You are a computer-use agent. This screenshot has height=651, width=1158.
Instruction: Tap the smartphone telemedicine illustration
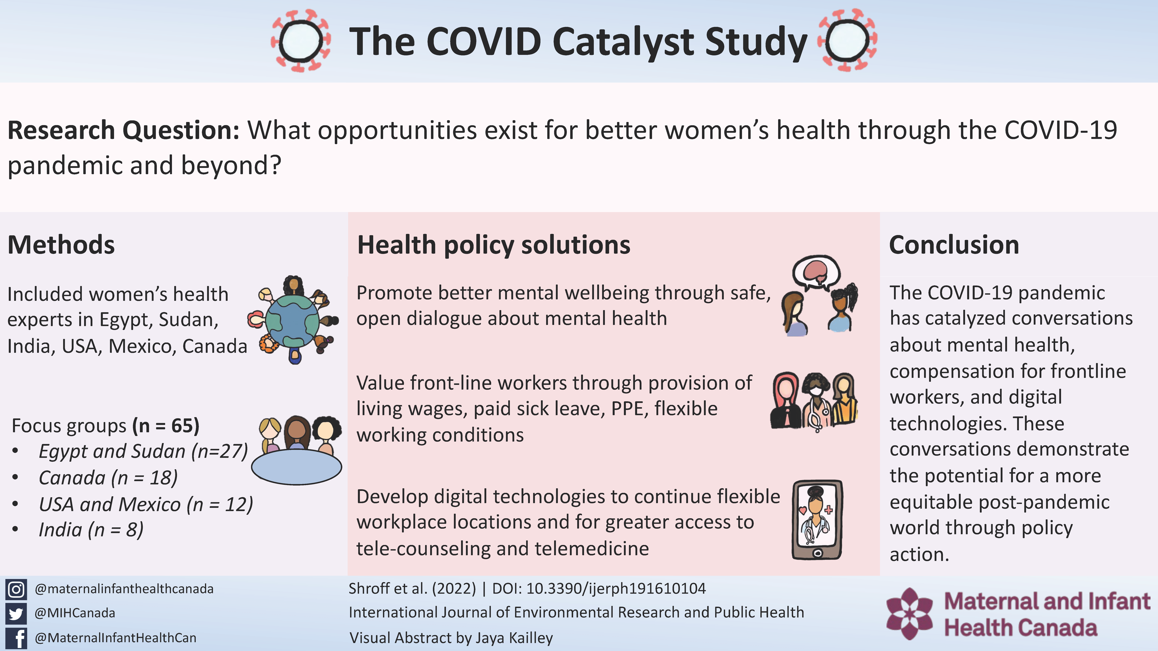pyautogui.click(x=817, y=520)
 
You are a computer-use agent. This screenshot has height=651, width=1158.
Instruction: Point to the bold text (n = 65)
pyautogui.click(x=166, y=426)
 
